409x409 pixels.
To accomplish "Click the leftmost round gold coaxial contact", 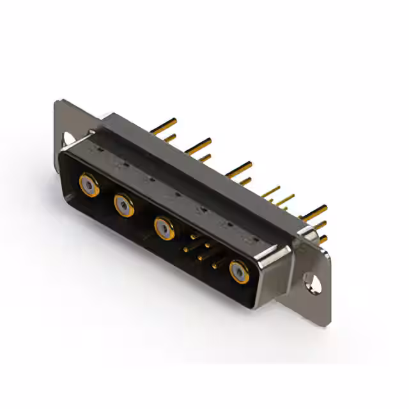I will (x=89, y=185).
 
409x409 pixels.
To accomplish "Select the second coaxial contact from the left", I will (x=124, y=205).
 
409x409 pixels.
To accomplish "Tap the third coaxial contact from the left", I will (x=164, y=228).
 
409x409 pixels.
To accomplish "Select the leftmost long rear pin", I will (x=164, y=123).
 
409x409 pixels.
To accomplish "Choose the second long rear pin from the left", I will (x=199, y=145).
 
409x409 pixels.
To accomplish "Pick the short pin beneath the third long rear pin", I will (x=244, y=181).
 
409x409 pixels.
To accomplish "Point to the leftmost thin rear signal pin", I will (x=271, y=190).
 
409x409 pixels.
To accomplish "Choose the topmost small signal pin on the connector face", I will (x=194, y=237).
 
